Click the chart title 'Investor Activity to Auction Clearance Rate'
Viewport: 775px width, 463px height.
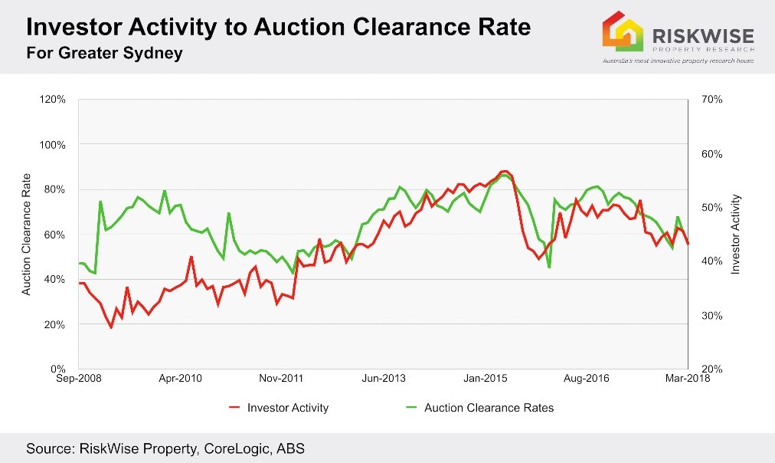coord(279,28)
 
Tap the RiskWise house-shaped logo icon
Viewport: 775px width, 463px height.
coord(622,31)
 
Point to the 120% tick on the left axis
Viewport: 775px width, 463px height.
coord(54,100)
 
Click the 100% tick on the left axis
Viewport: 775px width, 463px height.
coord(54,145)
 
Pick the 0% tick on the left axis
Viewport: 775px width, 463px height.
coord(58,369)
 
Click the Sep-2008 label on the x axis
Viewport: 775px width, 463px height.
coord(78,379)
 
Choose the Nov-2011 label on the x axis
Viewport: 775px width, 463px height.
coord(282,379)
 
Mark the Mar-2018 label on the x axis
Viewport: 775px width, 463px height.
coord(688,379)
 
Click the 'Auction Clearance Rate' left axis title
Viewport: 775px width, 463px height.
coord(26,235)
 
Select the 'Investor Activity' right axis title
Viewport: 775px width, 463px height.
coord(736,235)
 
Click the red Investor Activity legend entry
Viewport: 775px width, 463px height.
coord(279,408)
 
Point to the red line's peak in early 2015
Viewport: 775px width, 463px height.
coord(504,171)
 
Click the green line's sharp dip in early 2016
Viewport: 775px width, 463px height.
coord(549,268)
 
